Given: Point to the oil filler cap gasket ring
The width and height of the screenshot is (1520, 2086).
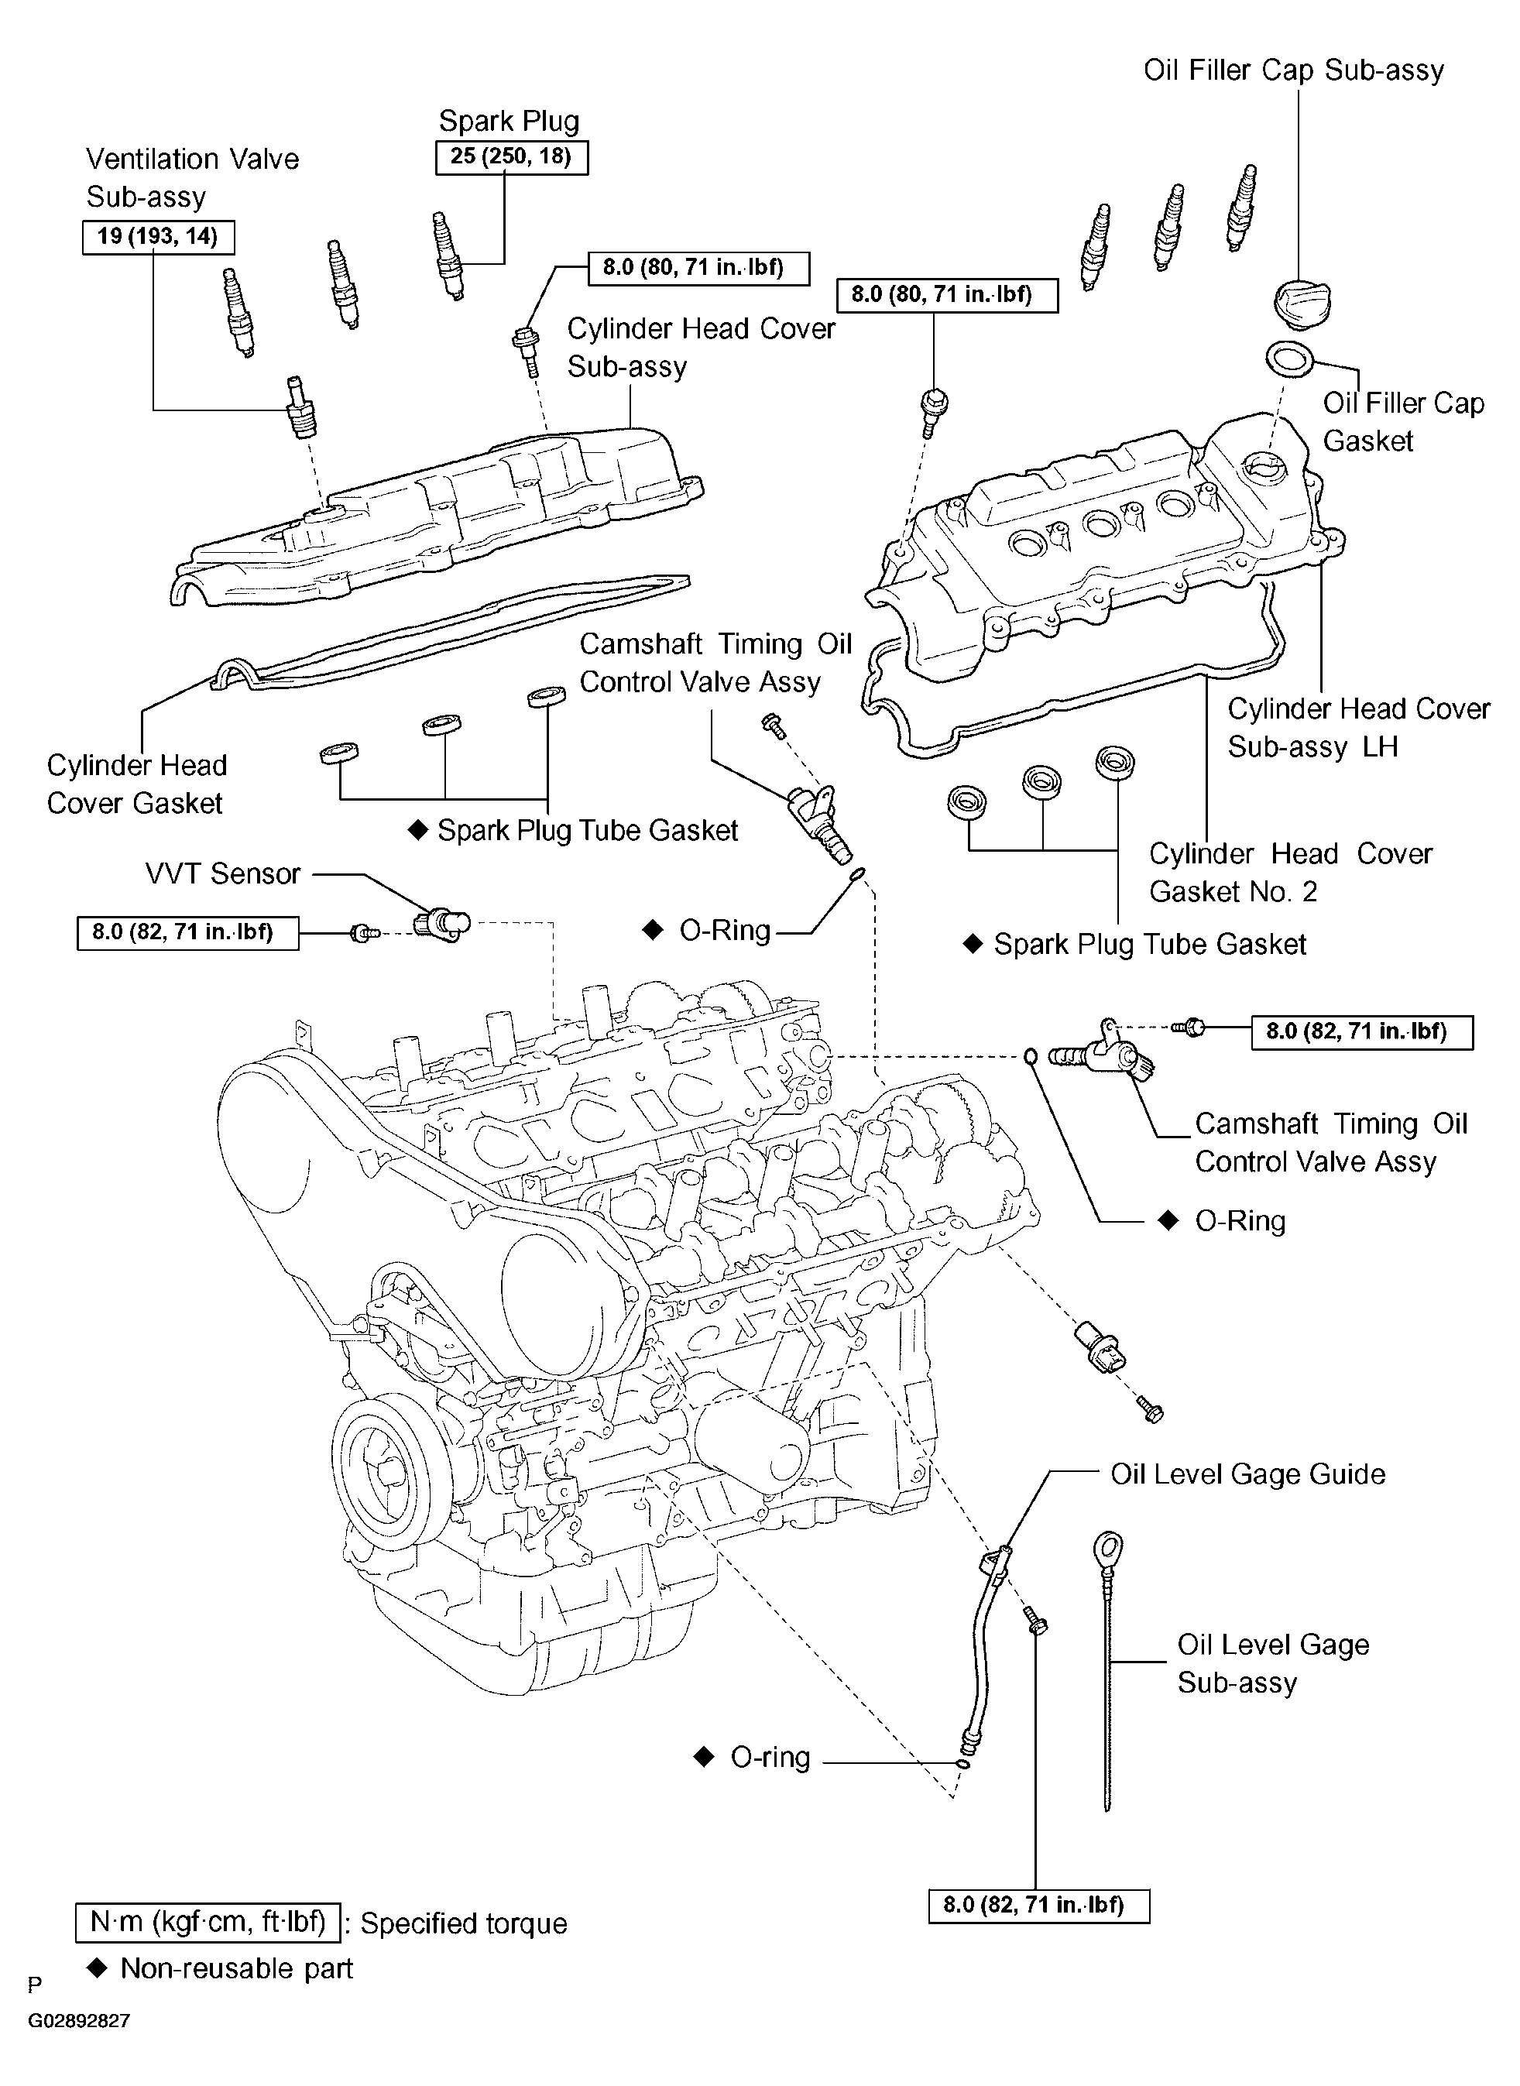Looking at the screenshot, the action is pyautogui.click(x=1291, y=360).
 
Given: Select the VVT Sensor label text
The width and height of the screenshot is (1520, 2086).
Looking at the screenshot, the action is pyautogui.click(x=223, y=873).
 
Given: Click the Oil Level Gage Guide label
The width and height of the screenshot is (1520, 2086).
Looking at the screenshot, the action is pyautogui.click(x=1247, y=1474).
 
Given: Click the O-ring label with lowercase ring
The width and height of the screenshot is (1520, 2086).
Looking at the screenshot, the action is pyautogui.click(x=770, y=1758).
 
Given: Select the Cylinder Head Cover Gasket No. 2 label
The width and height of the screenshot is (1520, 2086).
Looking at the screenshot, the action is pyautogui.click(x=1290, y=873).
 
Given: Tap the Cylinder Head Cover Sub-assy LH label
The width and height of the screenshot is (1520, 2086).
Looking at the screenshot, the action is pyautogui.click(x=1358, y=727).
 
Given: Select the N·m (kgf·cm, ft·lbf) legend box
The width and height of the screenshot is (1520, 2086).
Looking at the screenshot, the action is pyautogui.click(x=208, y=1923).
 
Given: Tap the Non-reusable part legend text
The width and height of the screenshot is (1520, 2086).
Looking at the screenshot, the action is pyautogui.click(x=236, y=1968).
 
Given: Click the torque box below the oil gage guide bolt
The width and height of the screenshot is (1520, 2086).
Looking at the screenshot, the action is pyautogui.click(x=1040, y=1905).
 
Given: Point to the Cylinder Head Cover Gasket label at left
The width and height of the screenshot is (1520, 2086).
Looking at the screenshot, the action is pyautogui.click(x=136, y=784).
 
